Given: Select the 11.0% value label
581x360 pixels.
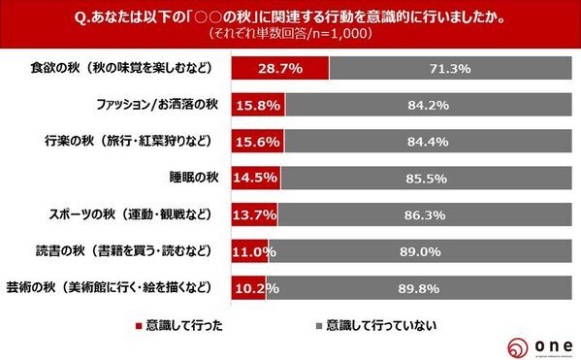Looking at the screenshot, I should point(252,250).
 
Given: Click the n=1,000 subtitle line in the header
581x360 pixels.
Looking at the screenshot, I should point(291,32).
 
